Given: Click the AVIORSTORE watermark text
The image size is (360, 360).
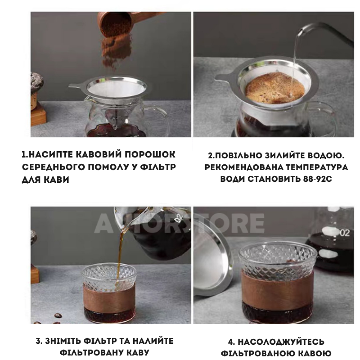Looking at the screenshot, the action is pyautogui.click(x=179, y=223).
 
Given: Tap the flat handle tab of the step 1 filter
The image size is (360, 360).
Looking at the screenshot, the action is pyautogui.click(x=77, y=85).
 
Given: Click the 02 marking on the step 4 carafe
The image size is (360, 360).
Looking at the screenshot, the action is pyautogui.click(x=344, y=233).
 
